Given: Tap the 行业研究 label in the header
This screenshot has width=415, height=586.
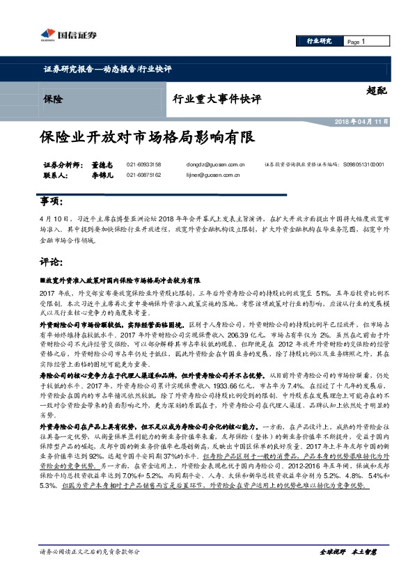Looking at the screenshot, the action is [319, 42].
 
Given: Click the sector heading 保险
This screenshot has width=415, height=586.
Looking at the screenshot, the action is [52, 100].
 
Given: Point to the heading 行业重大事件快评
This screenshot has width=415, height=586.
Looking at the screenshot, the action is [217, 100].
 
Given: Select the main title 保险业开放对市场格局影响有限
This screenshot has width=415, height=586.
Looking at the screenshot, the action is [147, 138].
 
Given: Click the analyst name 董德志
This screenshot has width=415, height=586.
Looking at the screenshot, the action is [102, 164].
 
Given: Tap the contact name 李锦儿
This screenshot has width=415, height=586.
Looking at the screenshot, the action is [102, 175].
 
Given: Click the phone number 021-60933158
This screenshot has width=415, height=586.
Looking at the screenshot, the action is [143, 164].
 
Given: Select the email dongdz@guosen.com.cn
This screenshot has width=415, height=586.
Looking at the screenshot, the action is [214, 164].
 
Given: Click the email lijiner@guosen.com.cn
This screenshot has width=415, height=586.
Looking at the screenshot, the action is [214, 175].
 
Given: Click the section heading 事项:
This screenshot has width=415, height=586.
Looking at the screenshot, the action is [52, 202].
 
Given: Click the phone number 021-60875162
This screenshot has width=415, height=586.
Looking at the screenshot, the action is [143, 175].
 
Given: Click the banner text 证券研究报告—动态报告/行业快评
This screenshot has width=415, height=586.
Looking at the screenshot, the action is [107, 69].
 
